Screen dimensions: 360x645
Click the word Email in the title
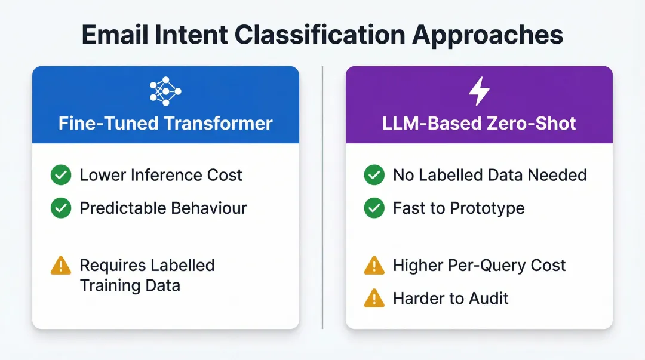[x=113, y=35]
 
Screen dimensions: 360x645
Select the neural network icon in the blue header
[x=165, y=91]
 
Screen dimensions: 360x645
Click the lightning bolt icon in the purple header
[x=479, y=91]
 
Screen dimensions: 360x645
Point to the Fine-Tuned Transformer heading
[x=165, y=124]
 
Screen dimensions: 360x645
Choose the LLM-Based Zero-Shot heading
[x=479, y=124]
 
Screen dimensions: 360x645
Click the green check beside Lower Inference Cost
[x=61, y=175]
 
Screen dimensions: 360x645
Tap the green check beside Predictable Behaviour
[x=61, y=208]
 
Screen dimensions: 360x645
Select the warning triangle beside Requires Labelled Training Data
[x=61, y=266]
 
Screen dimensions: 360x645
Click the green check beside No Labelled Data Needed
[x=374, y=175]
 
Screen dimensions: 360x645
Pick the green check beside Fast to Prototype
[x=374, y=208]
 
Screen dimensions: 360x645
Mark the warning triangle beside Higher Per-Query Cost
[x=374, y=266]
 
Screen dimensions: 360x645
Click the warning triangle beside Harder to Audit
[x=374, y=297]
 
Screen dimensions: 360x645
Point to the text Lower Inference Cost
[x=161, y=175]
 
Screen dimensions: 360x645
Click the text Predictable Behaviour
[x=164, y=208]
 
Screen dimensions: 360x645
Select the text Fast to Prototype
[x=459, y=208]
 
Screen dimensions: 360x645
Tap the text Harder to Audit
[x=451, y=297]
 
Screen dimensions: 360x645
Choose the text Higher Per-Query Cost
[x=479, y=266]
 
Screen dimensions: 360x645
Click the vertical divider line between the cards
[x=322, y=197]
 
